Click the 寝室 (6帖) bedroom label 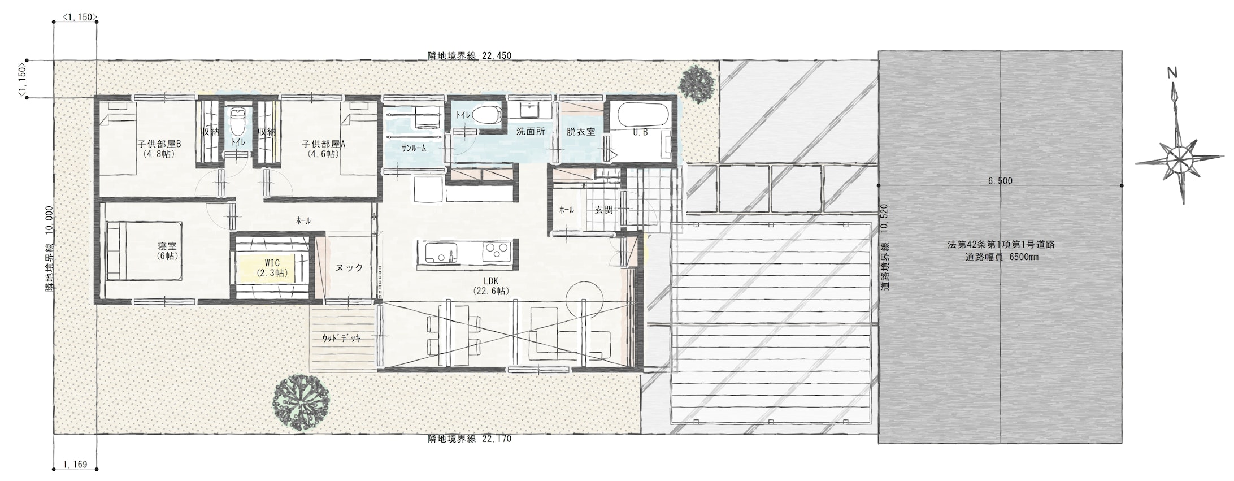pyautogui.click(x=168, y=251)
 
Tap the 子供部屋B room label pyautogui.click(x=159, y=148)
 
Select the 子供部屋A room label pyautogui.click(x=323, y=148)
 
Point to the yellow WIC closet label pyautogui.click(x=272, y=268)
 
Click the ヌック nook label pyautogui.click(x=349, y=268)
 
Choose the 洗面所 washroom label pyautogui.click(x=531, y=131)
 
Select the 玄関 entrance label pyautogui.click(x=603, y=210)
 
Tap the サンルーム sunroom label pyautogui.click(x=414, y=148)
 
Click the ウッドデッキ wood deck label pyautogui.click(x=341, y=337)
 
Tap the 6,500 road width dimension pyautogui.click(x=1000, y=181)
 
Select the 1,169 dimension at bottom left pyautogui.click(x=75, y=465)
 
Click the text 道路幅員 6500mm pyautogui.click(x=1001, y=257)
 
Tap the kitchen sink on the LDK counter pyautogui.click(x=440, y=252)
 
